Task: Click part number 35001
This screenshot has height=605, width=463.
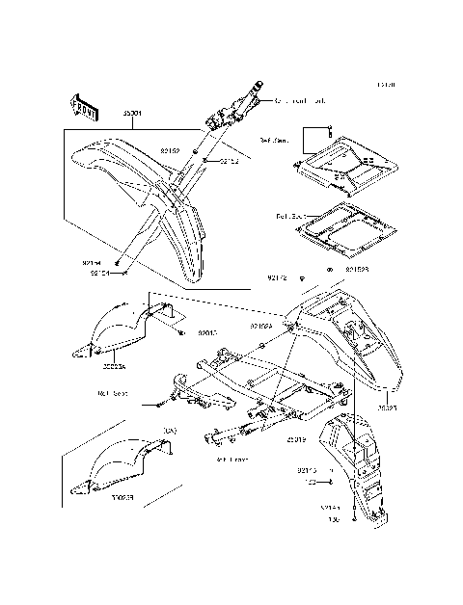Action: [x=131, y=114]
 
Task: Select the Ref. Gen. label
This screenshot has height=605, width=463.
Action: [x=275, y=140]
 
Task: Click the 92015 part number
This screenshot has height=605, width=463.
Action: [x=209, y=333]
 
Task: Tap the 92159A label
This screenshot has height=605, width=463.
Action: [x=263, y=327]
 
